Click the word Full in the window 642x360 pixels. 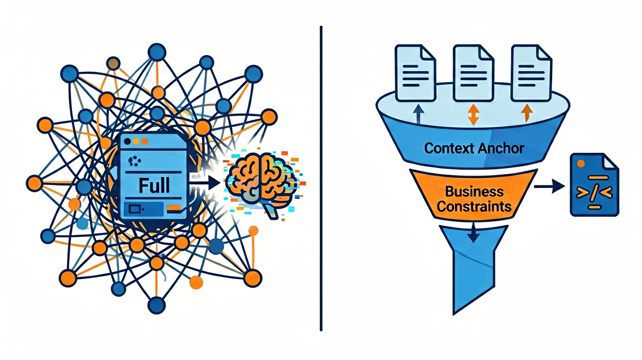tap(154, 185)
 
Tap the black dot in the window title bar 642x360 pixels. tap(128, 141)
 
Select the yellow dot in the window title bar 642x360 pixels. tap(136, 141)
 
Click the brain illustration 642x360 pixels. tap(261, 183)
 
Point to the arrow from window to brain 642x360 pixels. tap(205, 182)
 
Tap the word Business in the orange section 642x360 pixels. tap(474, 192)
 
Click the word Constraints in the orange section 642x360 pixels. tap(474, 206)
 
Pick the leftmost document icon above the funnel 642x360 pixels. tap(415, 73)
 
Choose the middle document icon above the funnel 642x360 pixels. tap(474, 73)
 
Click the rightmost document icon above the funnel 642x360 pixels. tap(531, 73)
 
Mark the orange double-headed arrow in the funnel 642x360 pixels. tap(473, 114)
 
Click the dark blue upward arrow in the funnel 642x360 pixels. tap(419, 113)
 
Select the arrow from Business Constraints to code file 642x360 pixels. tap(549, 186)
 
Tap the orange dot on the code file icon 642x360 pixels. tap(581, 163)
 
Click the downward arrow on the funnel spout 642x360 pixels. tap(473, 233)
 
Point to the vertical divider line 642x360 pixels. tap(321, 179)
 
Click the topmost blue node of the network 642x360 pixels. tap(157, 52)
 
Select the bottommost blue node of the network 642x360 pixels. tap(157, 306)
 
